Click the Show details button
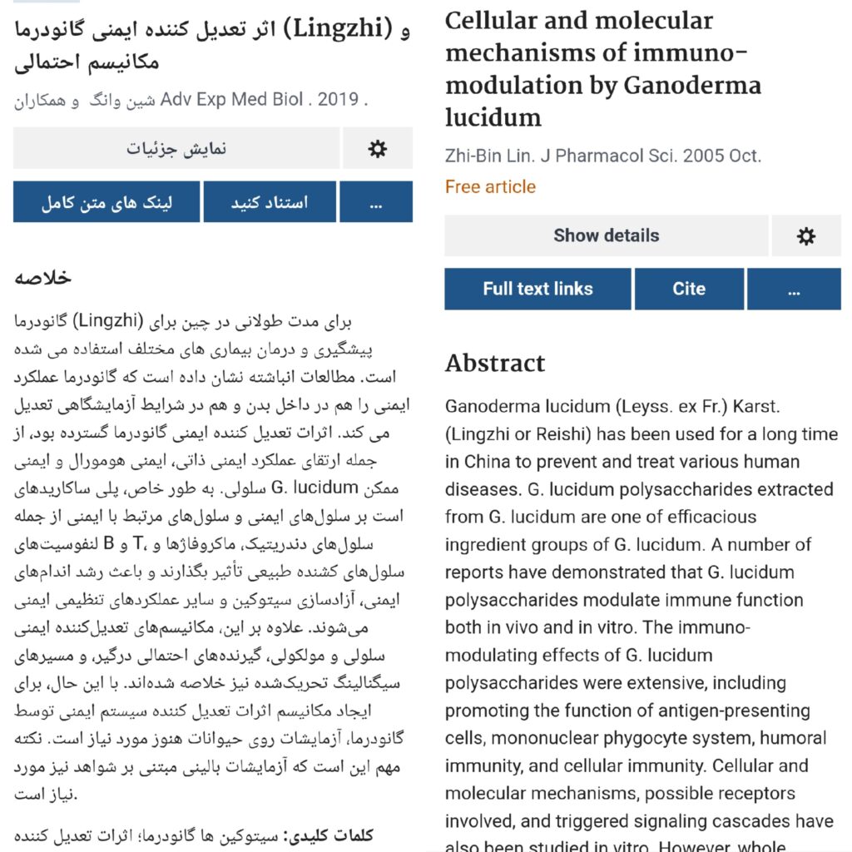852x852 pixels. tap(606, 236)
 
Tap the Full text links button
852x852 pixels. tap(537, 290)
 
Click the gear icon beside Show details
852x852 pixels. tap(805, 236)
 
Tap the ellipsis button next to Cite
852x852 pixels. tap(793, 290)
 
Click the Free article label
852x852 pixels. tap(490, 187)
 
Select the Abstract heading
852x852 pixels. tap(495, 364)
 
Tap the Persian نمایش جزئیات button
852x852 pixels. tap(176, 149)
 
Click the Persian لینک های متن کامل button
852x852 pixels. tap(106, 202)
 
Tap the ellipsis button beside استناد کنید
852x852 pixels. tap(375, 202)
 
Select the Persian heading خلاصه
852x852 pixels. tap(42, 278)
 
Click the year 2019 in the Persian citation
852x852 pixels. tap(338, 100)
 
